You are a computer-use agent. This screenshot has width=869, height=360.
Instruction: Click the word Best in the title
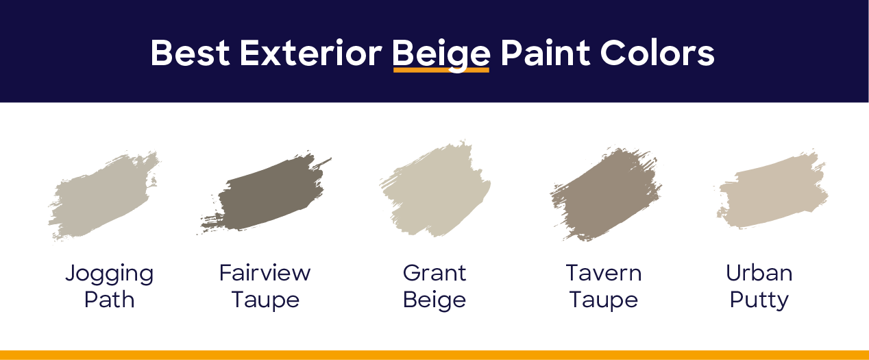click(x=190, y=53)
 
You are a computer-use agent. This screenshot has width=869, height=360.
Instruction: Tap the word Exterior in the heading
click(x=310, y=53)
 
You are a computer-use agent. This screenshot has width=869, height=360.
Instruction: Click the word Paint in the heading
click(x=545, y=53)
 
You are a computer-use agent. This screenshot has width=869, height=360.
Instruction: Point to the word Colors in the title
click(x=657, y=53)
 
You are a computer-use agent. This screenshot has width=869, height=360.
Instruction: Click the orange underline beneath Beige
click(x=441, y=71)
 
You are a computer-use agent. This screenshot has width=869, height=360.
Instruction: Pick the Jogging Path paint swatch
click(x=104, y=195)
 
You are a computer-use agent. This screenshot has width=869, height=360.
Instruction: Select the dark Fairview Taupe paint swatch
click(x=266, y=193)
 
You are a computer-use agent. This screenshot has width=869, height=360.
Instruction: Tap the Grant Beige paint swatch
click(x=435, y=190)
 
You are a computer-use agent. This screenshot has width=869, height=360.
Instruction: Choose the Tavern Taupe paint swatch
click(x=606, y=194)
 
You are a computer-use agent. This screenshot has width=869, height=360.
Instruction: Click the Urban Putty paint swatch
click(x=772, y=191)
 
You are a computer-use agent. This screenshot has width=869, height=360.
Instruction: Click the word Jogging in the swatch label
click(x=110, y=274)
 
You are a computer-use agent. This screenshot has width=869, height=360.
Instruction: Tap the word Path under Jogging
click(x=110, y=300)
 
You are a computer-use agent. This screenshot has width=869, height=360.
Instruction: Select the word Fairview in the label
click(x=265, y=273)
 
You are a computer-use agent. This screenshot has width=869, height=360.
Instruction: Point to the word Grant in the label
click(x=434, y=273)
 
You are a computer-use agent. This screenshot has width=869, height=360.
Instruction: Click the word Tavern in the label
click(x=604, y=273)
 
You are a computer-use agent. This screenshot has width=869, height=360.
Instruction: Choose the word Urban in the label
click(x=759, y=273)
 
